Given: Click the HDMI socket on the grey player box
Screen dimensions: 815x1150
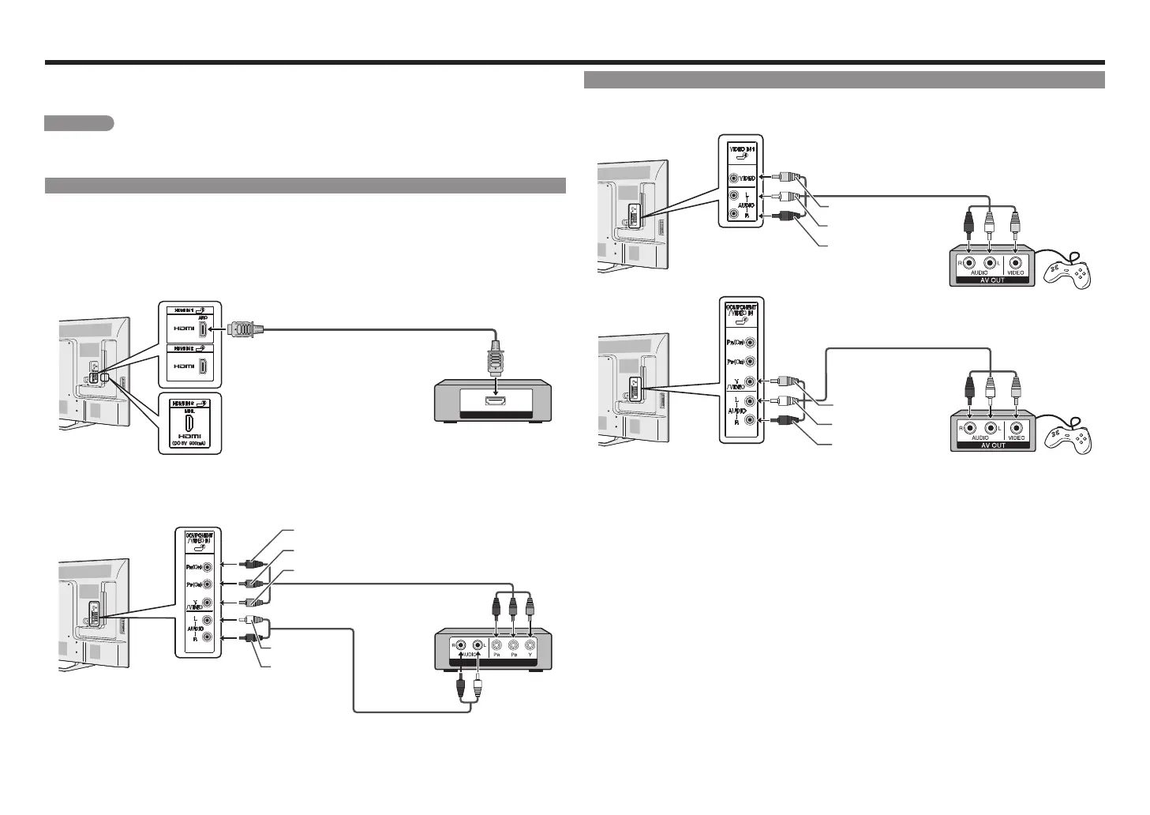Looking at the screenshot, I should click(x=495, y=404).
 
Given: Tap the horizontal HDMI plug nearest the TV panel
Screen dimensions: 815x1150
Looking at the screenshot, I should click(x=242, y=328).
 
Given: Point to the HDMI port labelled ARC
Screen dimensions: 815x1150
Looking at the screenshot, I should click(x=204, y=328).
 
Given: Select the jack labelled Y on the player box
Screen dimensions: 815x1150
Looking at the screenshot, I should click(x=530, y=644).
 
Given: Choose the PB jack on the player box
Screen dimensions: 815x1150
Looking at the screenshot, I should click(x=513, y=644).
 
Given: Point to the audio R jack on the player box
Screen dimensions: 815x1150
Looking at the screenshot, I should click(x=459, y=644).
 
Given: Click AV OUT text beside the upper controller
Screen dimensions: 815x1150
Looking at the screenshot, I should click(x=991, y=280).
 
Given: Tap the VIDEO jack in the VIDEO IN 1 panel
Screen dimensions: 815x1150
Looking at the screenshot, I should click(x=735, y=178).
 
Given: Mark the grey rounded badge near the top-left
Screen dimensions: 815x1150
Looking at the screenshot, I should click(x=79, y=123).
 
